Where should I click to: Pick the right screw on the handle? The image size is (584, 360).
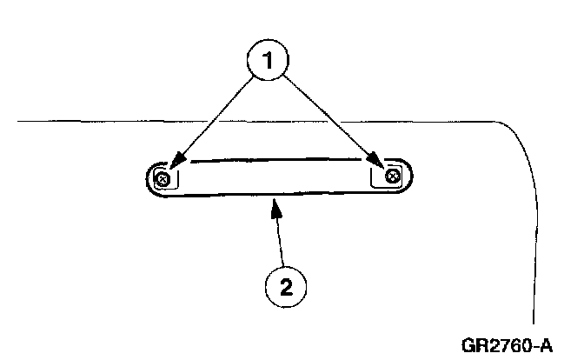(392, 176)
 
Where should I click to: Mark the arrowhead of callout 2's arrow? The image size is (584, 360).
(276, 205)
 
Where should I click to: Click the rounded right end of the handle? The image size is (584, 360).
(411, 176)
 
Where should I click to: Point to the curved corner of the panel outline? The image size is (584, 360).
(517, 136)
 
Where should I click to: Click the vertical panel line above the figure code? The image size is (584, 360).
(534, 261)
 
